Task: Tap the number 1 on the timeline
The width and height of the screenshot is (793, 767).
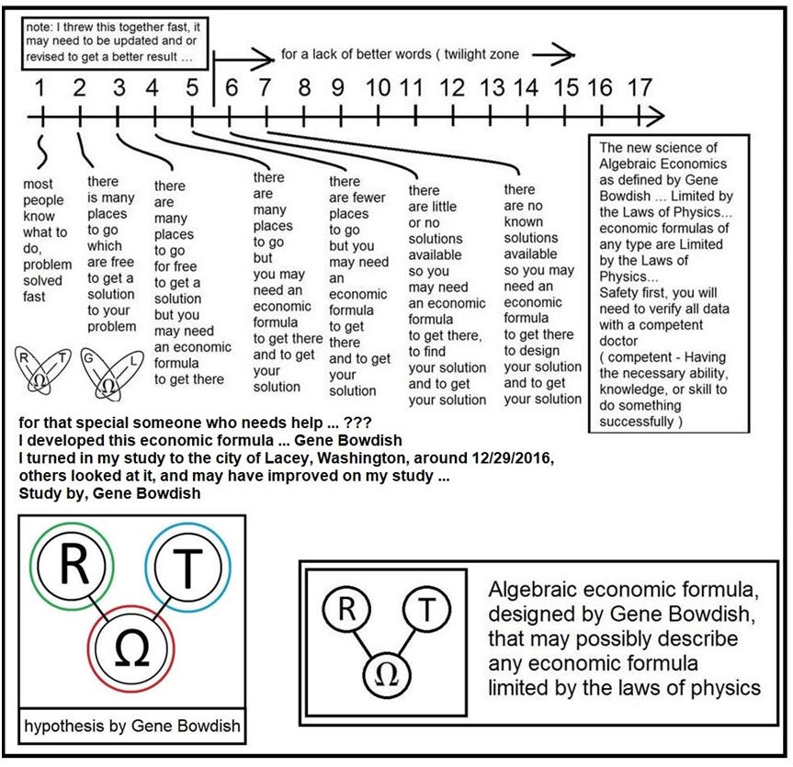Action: coord(40,88)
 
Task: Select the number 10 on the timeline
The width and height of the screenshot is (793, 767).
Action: coord(378,88)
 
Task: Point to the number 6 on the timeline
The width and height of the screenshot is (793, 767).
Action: coord(231,88)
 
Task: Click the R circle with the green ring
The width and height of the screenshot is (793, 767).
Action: coord(72,567)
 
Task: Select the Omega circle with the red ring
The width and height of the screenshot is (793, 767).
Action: coord(129,646)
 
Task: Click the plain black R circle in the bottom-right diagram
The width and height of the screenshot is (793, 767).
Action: coord(345,609)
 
